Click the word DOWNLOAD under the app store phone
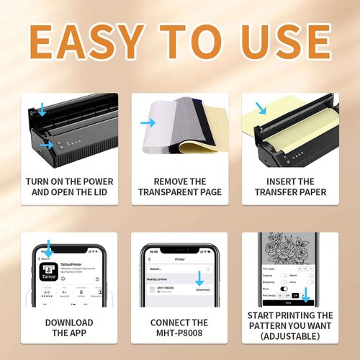pyautogui.click(x=69, y=323)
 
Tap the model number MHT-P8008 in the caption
pyautogui.click(x=180, y=333)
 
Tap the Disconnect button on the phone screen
pyautogui.click(x=202, y=290)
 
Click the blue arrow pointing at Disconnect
pyautogui.click(x=199, y=278)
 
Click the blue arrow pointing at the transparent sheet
pyautogui.click(x=148, y=123)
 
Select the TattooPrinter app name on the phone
pyautogui.click(x=82, y=264)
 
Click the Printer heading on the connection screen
pyautogui.click(x=180, y=258)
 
